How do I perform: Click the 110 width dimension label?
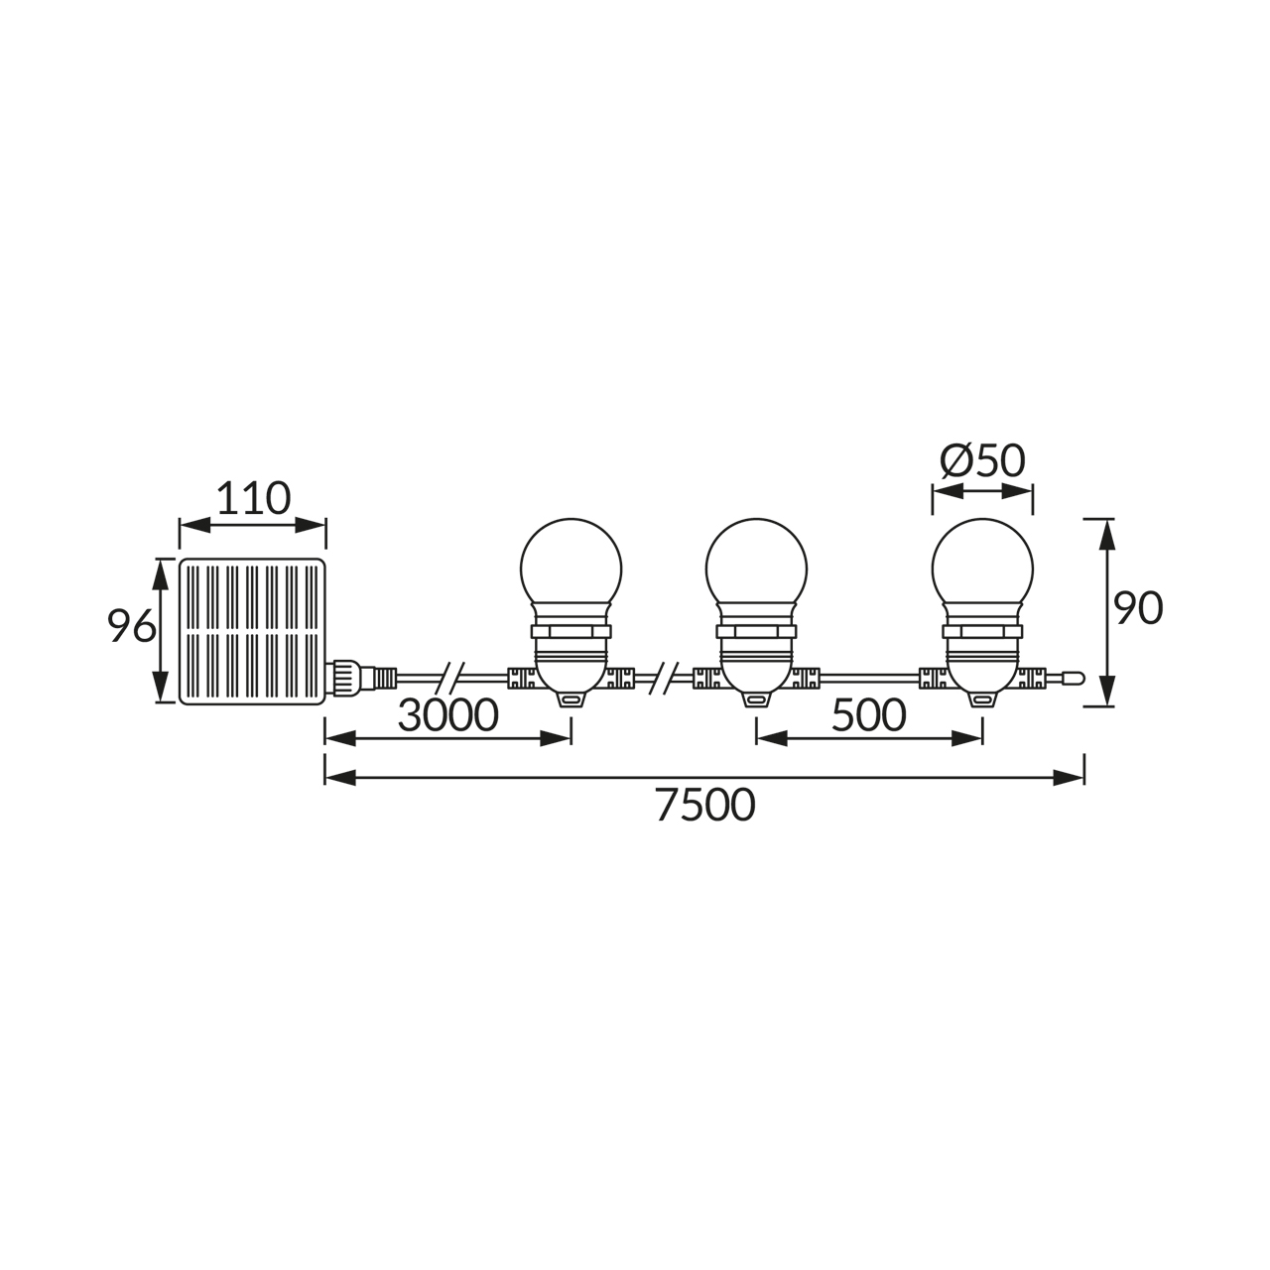253,499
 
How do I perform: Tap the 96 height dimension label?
132,626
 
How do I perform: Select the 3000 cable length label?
448,715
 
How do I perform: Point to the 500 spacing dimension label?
868,715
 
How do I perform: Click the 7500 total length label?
705,806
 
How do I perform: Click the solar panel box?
253,631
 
